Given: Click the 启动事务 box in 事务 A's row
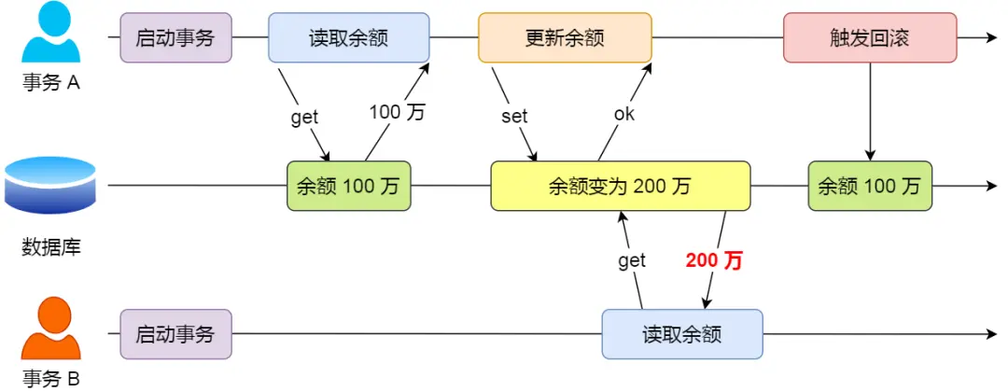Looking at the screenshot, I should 175,38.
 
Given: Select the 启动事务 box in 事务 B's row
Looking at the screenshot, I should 175,334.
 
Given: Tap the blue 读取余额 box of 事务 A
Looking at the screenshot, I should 348,38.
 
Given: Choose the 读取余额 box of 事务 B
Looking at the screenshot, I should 682,334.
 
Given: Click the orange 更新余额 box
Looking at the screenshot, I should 565,38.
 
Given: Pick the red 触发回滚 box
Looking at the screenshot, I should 870,38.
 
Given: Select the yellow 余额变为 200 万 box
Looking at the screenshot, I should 621,186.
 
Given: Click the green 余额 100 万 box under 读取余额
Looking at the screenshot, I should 348,186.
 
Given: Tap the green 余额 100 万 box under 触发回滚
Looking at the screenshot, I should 870,186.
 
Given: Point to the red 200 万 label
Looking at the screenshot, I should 714,261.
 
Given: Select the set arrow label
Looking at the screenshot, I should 514,117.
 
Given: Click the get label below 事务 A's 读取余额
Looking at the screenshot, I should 304,117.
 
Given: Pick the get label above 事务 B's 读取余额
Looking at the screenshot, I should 632,261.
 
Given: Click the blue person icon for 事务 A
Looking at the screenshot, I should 51,35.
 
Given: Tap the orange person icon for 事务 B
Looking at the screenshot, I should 51,332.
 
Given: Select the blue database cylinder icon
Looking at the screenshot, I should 50,186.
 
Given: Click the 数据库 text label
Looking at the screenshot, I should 50,248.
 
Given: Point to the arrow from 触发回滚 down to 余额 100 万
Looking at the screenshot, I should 870,112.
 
